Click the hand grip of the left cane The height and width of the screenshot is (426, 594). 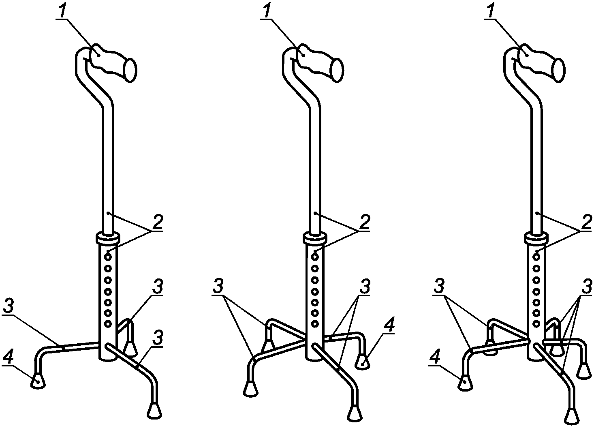click(113, 62)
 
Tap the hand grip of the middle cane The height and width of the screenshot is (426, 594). click(320, 62)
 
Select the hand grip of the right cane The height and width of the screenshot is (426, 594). click(541, 62)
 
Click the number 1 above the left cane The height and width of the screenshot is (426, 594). click(63, 10)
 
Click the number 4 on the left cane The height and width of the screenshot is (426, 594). click(8, 357)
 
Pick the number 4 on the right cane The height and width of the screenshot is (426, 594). click(435, 357)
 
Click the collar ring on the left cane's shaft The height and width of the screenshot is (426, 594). click(108, 238)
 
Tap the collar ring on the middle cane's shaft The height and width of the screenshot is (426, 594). click(314, 238)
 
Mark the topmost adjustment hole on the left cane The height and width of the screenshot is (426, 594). click(108, 257)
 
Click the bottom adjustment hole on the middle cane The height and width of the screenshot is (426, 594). click(314, 323)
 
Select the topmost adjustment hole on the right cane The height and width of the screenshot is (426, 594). click(536, 257)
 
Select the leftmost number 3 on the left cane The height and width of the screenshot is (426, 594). click(9, 307)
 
